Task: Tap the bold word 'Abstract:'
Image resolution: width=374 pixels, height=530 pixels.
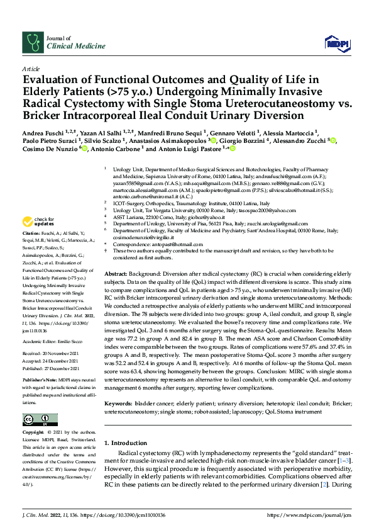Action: coord(117,276)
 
